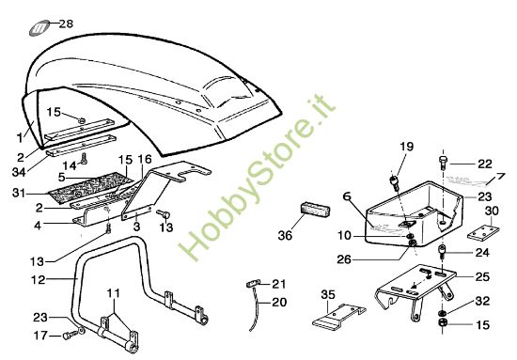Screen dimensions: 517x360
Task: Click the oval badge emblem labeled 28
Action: click(39, 27)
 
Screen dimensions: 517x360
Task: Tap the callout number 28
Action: click(66, 23)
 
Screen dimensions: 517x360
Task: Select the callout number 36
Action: click(285, 235)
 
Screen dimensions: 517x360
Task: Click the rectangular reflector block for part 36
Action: click(315, 211)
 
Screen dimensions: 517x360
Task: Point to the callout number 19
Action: click(407, 146)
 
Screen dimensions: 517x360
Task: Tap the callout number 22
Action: click(485, 164)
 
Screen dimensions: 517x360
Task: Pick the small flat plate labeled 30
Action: click(483, 232)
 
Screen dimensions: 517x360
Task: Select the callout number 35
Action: click(328, 295)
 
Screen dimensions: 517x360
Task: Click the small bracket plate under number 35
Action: click(338, 316)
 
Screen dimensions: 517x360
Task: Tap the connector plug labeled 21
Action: click(253, 283)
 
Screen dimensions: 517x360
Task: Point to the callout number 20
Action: click(279, 302)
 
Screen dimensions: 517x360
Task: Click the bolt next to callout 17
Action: click(70, 335)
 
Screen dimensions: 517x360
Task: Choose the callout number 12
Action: click(38, 280)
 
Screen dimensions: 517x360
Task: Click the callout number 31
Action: click(19, 193)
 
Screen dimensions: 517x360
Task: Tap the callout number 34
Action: click(19, 172)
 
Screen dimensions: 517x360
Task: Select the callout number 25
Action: click(482, 276)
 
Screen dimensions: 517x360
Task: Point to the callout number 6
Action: click(347, 196)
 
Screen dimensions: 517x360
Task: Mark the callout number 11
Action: click(113, 293)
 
